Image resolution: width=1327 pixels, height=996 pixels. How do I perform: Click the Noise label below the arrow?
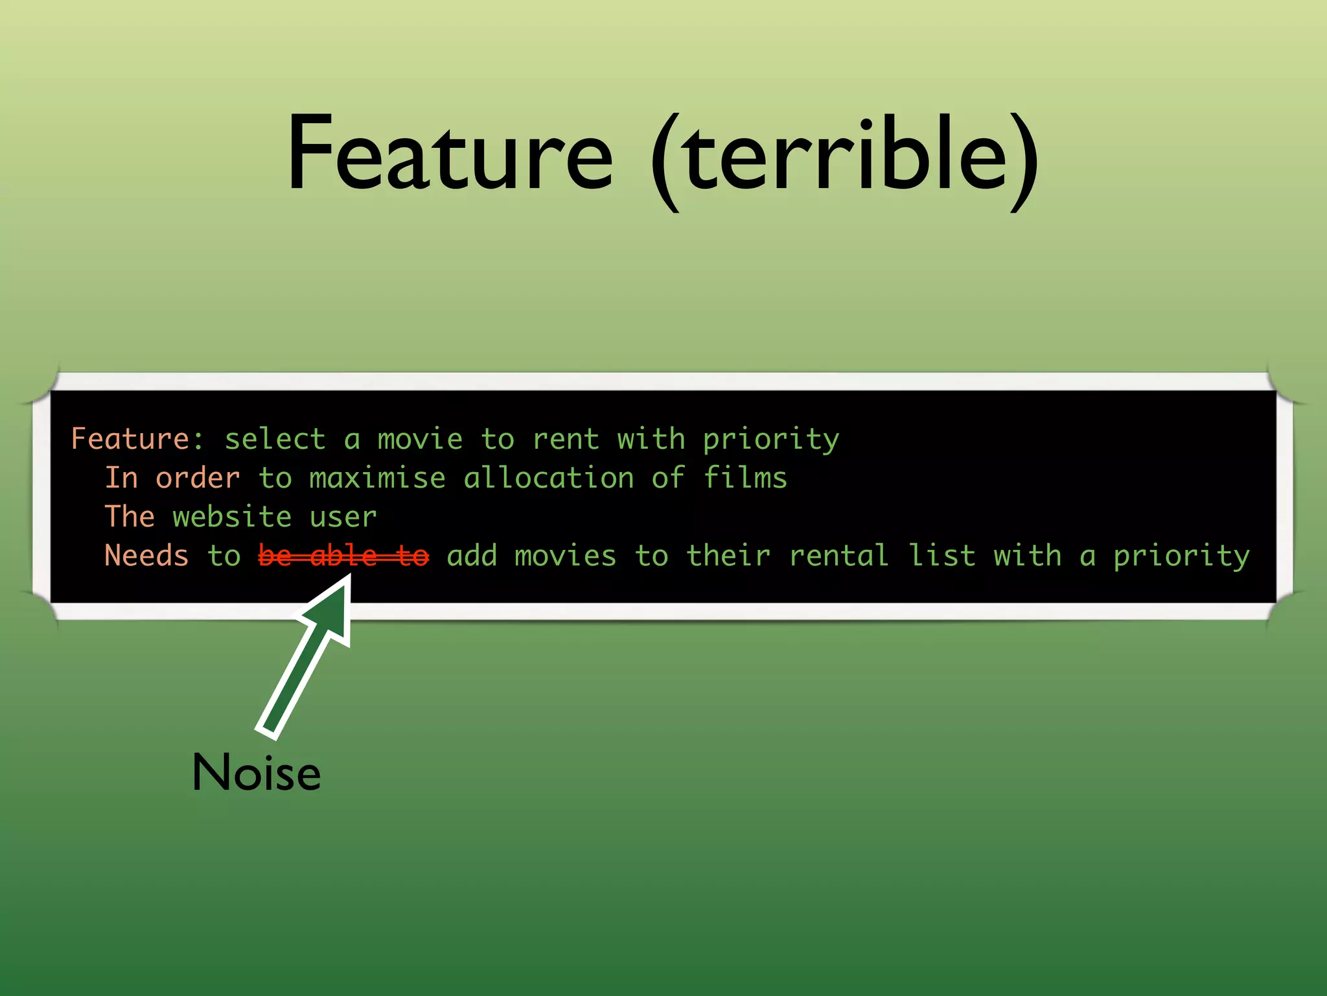[x=257, y=772]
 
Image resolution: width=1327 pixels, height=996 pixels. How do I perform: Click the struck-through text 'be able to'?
[x=343, y=556]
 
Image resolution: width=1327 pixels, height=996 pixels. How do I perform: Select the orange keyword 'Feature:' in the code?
[x=137, y=439]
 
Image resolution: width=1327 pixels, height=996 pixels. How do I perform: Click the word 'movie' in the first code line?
[x=420, y=439]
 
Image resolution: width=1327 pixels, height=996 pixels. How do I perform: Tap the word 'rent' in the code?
[x=566, y=439]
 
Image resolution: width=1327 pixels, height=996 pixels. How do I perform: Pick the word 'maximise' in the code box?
[x=377, y=478]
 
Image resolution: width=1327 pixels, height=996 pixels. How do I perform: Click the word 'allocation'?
[x=549, y=478]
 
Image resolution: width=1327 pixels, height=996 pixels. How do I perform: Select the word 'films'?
[x=745, y=478]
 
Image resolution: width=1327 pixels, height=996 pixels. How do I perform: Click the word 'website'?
[x=232, y=517]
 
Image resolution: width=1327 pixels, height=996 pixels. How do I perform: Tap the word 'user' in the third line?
[x=343, y=517]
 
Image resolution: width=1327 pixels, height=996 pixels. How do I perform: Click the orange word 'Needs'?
[x=146, y=556]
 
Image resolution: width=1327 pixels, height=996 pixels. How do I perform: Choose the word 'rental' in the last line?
[x=838, y=556]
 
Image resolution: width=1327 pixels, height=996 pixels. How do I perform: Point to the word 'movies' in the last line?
[x=565, y=556]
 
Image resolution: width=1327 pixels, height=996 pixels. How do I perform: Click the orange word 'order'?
[x=198, y=478]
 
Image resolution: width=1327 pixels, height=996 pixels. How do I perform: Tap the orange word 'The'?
[x=130, y=517]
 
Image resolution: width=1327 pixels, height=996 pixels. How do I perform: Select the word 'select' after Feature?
[x=275, y=439]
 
